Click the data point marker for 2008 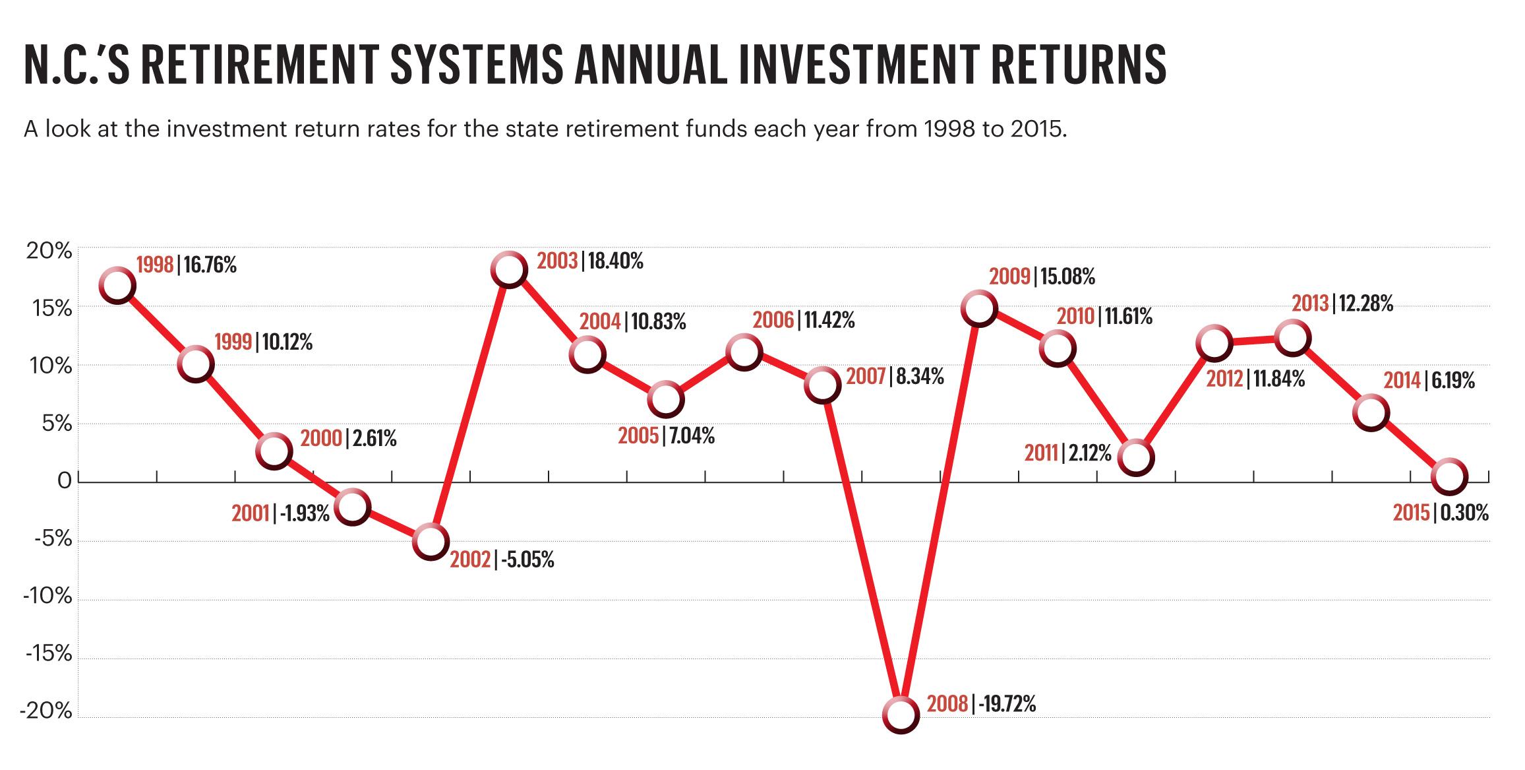(x=901, y=715)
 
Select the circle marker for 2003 (x=509, y=269)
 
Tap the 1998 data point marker (x=117, y=285)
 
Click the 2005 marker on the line (x=666, y=399)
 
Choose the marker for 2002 (x=431, y=541)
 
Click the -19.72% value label (x=1007, y=705)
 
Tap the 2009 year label (x=1009, y=276)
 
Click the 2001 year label (x=250, y=513)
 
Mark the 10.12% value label (x=287, y=342)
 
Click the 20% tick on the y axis (x=48, y=251)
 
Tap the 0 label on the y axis (x=64, y=481)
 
